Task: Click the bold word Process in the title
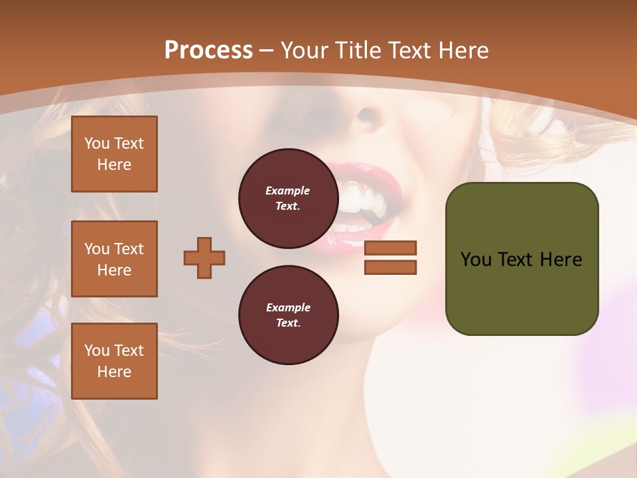click(x=208, y=50)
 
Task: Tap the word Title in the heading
click(x=358, y=50)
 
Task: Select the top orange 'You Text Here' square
click(x=114, y=154)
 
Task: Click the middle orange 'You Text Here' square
click(x=114, y=259)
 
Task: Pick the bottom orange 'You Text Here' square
click(x=114, y=361)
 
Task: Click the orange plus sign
click(x=204, y=258)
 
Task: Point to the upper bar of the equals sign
click(x=391, y=248)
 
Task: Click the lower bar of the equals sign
click(x=391, y=268)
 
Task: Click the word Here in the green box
click(x=561, y=260)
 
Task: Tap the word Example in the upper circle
click(x=287, y=191)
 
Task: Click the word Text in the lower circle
click(x=287, y=323)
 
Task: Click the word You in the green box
click(x=476, y=260)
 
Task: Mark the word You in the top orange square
click(x=97, y=143)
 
